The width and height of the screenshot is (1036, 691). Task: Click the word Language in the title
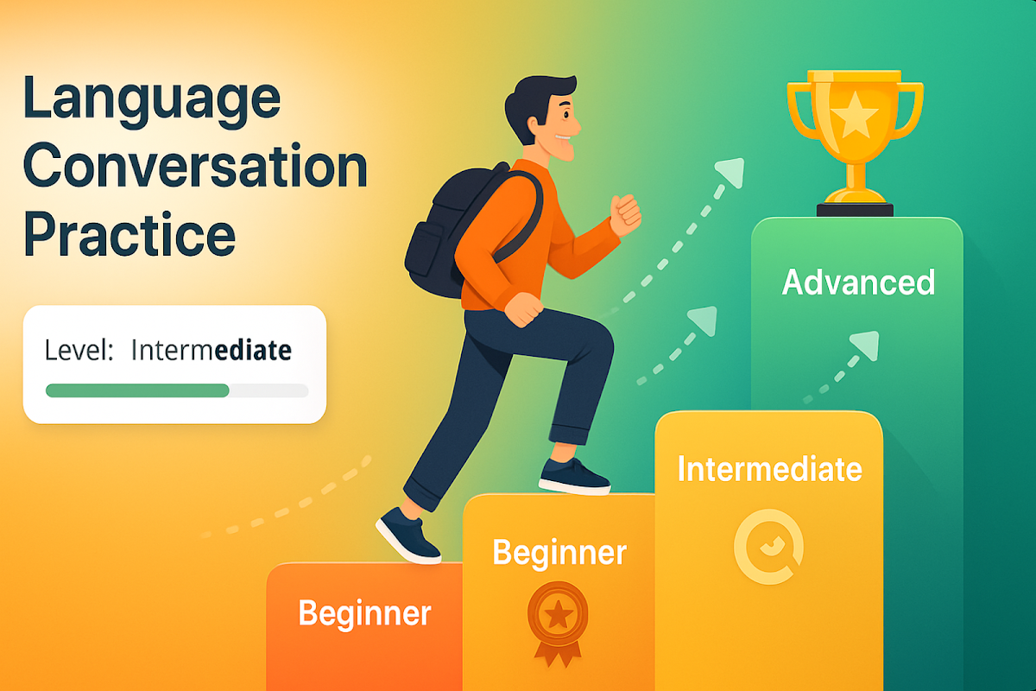(152, 102)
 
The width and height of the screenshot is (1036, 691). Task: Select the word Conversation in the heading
(195, 165)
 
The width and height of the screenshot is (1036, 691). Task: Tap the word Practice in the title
(129, 234)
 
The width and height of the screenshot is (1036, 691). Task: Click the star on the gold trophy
(854, 115)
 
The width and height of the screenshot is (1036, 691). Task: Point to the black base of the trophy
(855, 210)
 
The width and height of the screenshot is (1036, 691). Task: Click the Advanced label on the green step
(858, 282)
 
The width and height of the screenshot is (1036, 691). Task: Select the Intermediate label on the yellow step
(770, 469)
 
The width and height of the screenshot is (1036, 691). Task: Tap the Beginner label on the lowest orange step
(364, 614)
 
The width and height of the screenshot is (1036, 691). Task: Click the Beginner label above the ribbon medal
(559, 553)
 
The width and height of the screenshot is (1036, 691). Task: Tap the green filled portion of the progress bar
(137, 390)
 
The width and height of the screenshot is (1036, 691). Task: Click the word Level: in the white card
(79, 350)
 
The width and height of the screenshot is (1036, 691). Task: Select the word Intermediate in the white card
(212, 350)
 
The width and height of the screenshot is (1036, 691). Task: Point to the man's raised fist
(625, 215)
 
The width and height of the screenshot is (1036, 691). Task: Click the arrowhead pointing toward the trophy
(730, 172)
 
